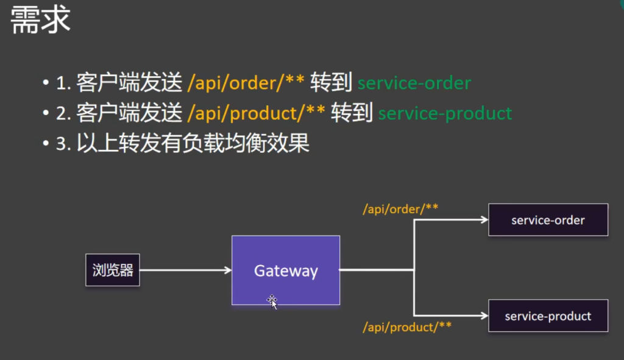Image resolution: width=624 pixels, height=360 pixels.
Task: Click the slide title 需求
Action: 41,19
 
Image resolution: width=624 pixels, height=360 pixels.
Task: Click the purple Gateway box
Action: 286,256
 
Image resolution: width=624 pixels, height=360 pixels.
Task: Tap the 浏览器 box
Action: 113,270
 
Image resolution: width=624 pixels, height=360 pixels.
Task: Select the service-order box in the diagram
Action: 548,220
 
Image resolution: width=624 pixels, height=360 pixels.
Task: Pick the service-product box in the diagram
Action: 548,316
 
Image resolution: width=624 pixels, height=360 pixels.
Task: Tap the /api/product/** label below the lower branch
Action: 407,327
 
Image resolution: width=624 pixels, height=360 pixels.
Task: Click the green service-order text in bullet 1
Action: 414,83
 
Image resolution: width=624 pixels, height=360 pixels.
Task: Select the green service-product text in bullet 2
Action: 445,113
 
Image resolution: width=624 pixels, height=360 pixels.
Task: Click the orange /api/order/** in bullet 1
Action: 246,83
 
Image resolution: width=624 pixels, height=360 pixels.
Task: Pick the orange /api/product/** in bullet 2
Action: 256,113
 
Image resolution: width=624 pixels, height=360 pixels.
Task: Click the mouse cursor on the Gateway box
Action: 272,300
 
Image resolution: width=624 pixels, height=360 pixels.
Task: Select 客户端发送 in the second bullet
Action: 129,113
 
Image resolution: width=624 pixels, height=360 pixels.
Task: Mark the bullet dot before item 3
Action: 46,144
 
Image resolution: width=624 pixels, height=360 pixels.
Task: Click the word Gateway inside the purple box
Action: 286,270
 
